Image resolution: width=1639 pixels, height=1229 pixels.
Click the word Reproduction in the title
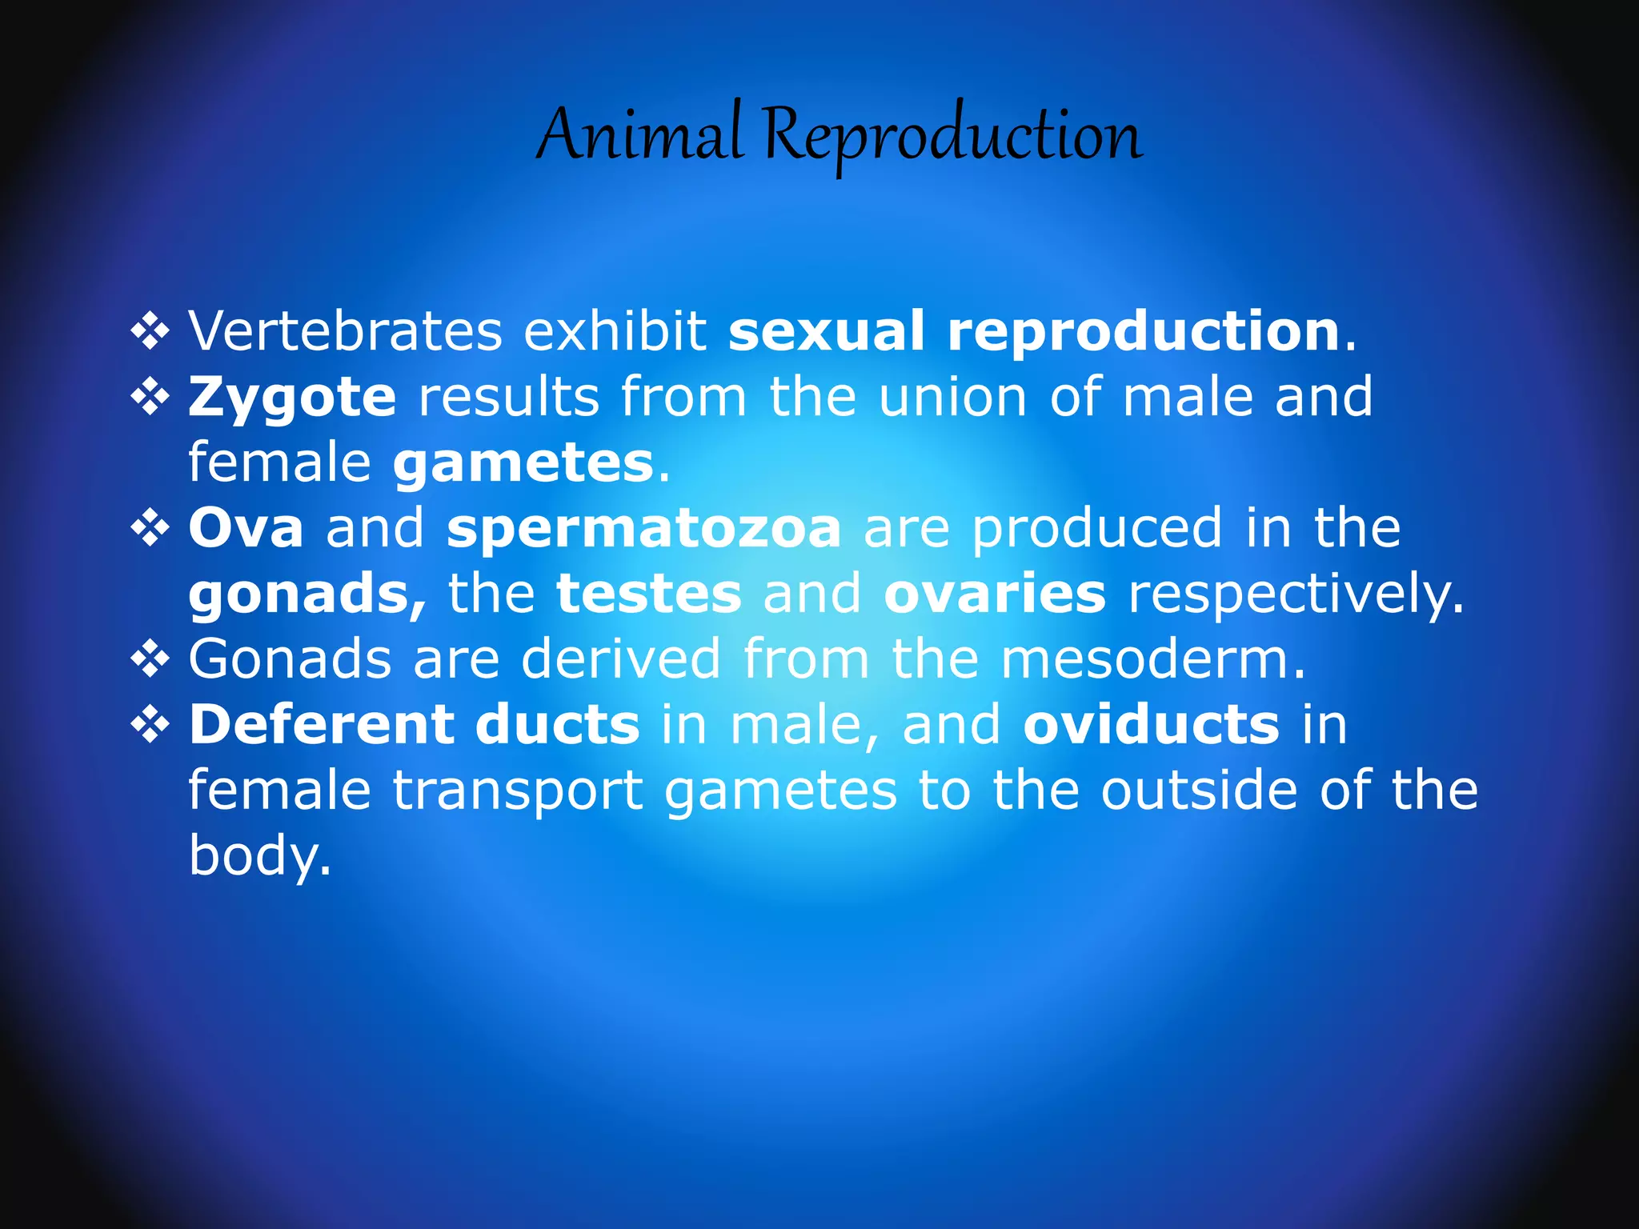952,136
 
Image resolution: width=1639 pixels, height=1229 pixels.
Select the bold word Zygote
292,398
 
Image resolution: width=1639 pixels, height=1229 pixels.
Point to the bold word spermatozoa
643,529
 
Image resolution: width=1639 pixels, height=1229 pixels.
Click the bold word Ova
246,528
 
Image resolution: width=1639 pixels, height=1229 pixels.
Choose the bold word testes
649,594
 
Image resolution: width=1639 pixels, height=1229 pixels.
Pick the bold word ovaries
995,594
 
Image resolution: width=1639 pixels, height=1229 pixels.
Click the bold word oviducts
1151,725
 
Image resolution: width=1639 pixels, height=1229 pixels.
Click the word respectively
1295,595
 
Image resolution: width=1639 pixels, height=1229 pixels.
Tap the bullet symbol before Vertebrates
150,331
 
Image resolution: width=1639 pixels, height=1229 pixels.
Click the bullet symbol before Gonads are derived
150,660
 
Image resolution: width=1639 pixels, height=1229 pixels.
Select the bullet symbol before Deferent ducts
150,726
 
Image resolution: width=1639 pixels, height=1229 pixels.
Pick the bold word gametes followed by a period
523,464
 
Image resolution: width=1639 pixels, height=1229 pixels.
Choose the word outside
1199,791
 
